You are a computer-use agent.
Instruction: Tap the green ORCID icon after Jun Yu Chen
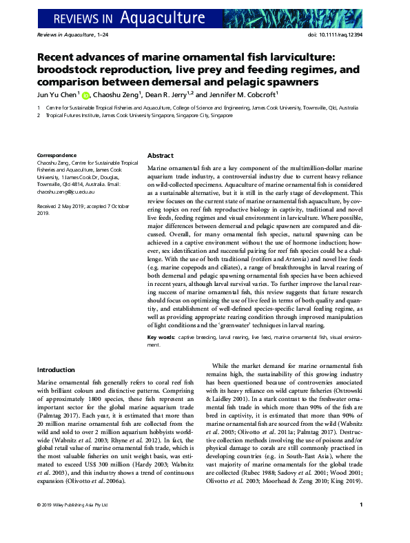pos(86,95)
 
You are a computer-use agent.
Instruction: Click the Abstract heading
pos(161,156)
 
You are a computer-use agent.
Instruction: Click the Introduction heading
pos(56,370)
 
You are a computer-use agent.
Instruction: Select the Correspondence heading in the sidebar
pos(57,156)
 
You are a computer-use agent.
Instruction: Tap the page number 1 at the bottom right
pos(362,524)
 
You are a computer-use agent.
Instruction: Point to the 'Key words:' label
pos(161,337)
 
